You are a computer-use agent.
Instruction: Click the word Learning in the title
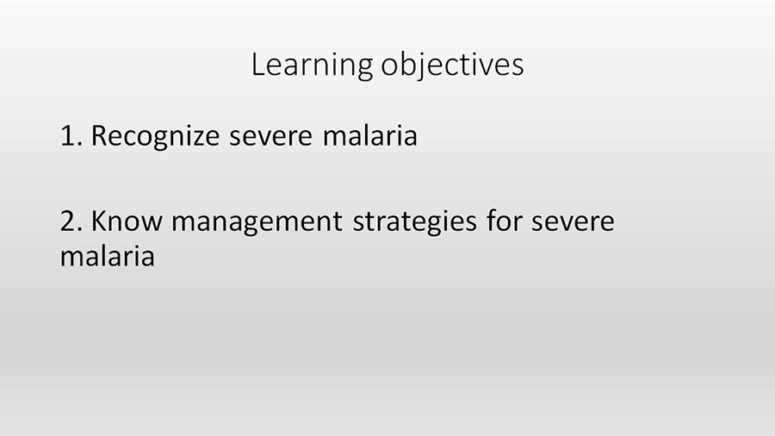click(312, 65)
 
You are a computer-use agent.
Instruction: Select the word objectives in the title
click(452, 65)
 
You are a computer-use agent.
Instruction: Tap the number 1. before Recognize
click(71, 135)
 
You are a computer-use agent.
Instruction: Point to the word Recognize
click(155, 136)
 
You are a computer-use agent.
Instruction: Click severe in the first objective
click(271, 138)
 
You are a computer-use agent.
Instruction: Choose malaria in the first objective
click(370, 136)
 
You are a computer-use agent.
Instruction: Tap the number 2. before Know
click(71, 221)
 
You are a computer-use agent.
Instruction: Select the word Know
click(127, 221)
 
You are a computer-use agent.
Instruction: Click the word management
click(257, 223)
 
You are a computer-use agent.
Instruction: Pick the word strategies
click(414, 222)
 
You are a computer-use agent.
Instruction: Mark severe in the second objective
click(573, 223)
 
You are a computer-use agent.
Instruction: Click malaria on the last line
click(108, 256)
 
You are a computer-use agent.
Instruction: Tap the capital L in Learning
click(258, 65)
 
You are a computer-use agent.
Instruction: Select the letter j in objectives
click(423, 66)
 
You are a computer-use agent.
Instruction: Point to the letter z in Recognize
click(198, 139)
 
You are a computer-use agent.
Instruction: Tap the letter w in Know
click(152, 224)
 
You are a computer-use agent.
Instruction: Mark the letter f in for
click(493, 221)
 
